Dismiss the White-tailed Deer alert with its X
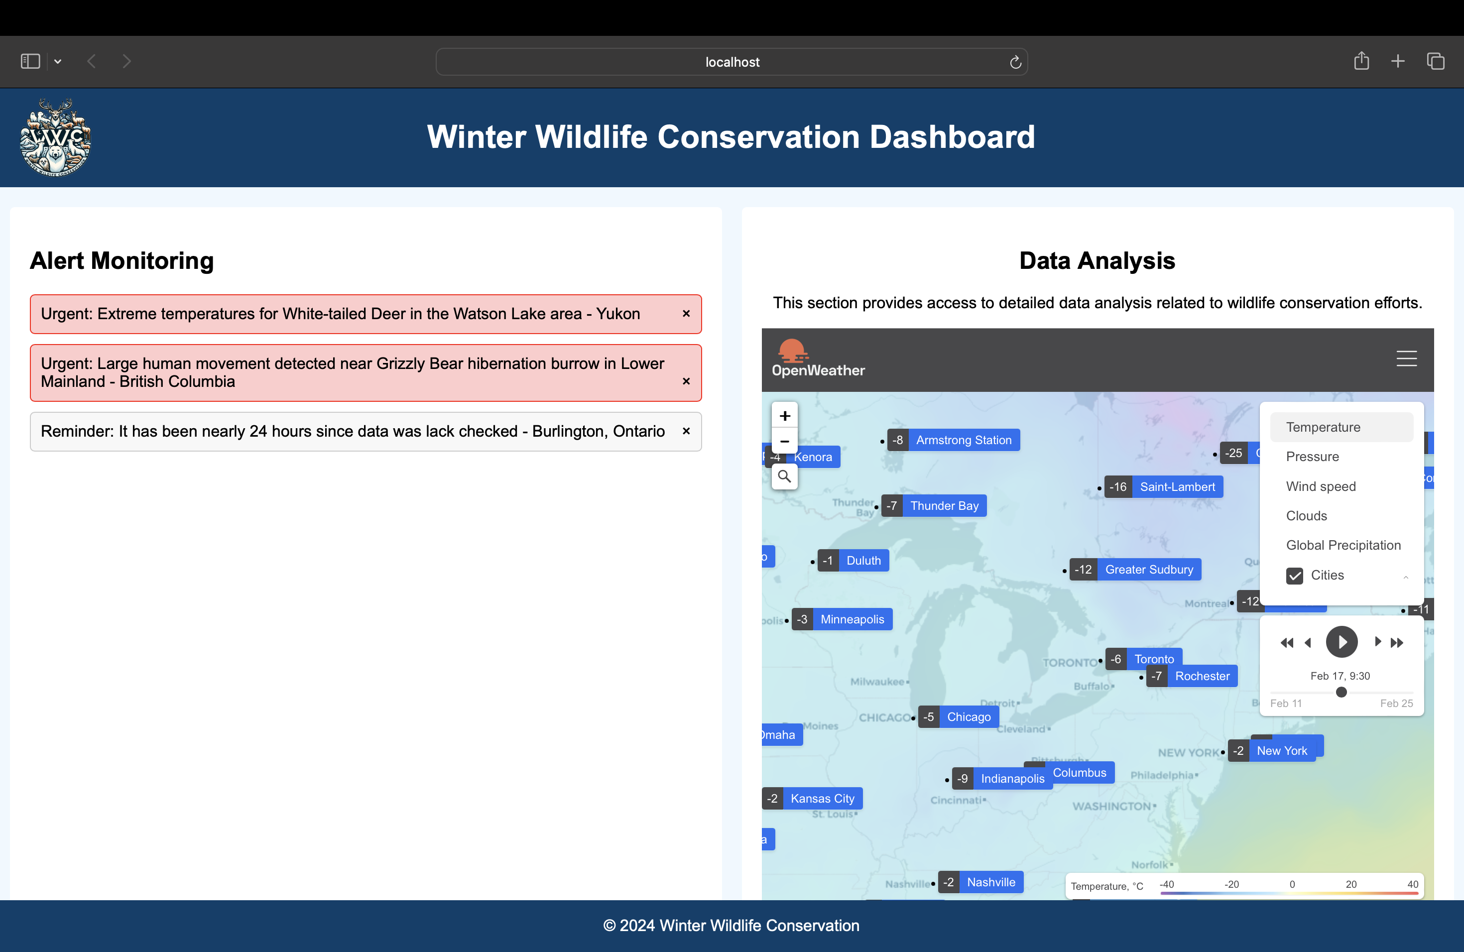point(686,314)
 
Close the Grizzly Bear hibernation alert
point(686,381)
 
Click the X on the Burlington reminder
point(686,431)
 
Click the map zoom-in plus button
point(784,416)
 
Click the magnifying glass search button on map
point(784,476)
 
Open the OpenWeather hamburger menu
point(1406,358)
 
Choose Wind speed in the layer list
point(1321,486)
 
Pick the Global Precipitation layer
point(1343,546)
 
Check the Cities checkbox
point(1294,576)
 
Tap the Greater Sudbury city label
point(1148,570)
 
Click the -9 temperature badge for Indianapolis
point(963,779)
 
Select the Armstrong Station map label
point(963,440)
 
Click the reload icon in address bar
point(1015,62)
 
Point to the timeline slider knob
point(1341,692)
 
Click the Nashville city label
point(990,882)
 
